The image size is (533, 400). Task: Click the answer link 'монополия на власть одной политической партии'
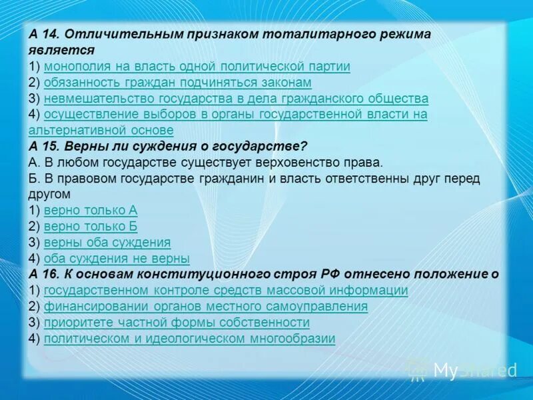click(197, 66)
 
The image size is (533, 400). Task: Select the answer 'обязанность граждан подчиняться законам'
click(177, 82)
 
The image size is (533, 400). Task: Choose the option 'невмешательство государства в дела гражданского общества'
click(236, 98)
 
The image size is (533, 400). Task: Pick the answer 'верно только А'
click(91, 210)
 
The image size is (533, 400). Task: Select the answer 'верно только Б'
click(91, 226)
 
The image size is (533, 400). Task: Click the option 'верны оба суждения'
click(107, 242)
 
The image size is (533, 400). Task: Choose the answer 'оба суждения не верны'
click(117, 258)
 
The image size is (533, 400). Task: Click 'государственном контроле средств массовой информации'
click(226, 290)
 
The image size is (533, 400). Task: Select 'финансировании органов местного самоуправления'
click(206, 306)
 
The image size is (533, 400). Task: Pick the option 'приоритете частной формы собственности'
click(177, 322)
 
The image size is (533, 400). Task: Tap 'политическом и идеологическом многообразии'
click(189, 338)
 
